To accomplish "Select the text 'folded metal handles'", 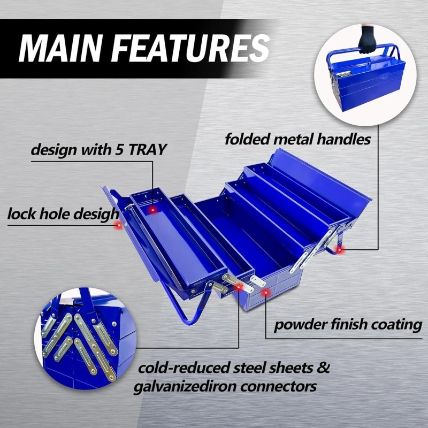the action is pyautogui.click(x=297, y=140).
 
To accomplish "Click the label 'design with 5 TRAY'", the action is pyautogui.click(x=98, y=149).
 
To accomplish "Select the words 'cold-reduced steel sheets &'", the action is pyautogui.click(x=234, y=368).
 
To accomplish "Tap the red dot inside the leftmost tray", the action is pyautogui.click(x=152, y=210).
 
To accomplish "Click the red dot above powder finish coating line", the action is pyautogui.click(x=266, y=293).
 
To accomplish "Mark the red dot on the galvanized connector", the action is pyautogui.click(x=239, y=287).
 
